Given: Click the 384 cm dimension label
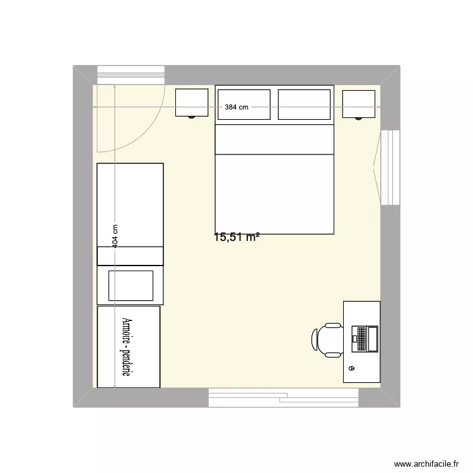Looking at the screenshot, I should [x=237, y=107].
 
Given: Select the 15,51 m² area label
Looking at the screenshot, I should [x=237, y=238].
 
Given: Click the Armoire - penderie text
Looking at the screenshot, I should [x=128, y=347].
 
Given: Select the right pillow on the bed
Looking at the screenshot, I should [x=304, y=104].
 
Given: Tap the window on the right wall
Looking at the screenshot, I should [x=390, y=166].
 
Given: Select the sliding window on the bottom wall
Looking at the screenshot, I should [x=283, y=397].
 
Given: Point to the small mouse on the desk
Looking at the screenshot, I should [x=351, y=368].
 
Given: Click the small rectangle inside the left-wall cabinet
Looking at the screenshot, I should [x=131, y=285].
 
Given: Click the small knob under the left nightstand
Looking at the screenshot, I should [x=191, y=117].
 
